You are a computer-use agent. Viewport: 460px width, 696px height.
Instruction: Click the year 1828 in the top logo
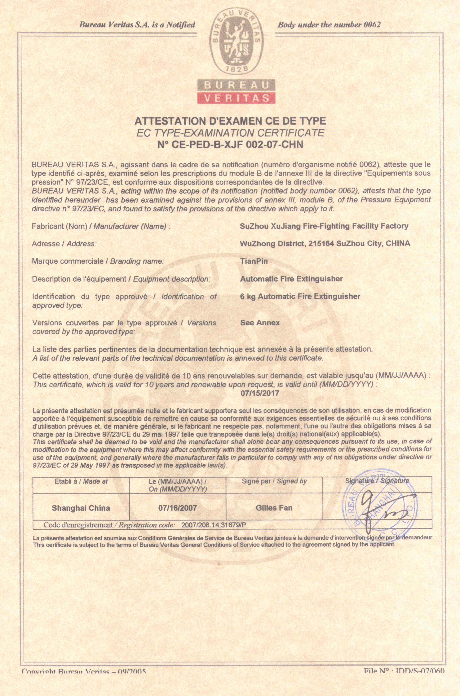click(236, 69)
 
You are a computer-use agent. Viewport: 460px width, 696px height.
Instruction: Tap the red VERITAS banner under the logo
click(236, 98)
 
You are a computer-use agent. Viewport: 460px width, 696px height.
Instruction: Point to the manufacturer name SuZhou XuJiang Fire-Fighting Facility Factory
click(324, 226)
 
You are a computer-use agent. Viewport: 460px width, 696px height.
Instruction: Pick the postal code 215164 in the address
click(321, 243)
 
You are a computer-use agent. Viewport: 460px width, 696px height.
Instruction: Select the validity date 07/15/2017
click(260, 393)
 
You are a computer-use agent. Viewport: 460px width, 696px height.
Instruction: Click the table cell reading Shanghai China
click(81, 508)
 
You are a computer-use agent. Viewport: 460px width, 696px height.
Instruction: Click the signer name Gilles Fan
click(274, 508)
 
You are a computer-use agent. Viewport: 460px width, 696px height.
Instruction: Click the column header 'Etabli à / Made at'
click(81, 481)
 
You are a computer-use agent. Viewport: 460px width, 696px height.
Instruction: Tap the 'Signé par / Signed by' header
click(274, 481)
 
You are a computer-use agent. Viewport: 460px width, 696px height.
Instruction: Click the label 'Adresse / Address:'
click(64, 244)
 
